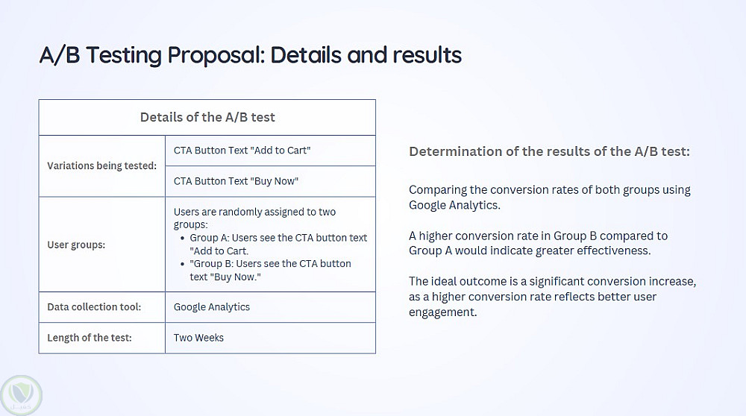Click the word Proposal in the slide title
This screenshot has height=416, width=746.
[x=216, y=55]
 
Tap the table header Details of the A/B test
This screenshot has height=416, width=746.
[x=207, y=117]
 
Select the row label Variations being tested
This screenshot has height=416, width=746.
[x=101, y=166]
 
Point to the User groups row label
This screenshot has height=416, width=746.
[x=76, y=245]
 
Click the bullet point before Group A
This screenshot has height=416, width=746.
[x=182, y=238]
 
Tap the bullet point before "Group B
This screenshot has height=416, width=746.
[x=182, y=265]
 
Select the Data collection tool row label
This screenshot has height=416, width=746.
[x=94, y=306]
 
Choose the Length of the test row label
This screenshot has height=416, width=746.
[x=90, y=338]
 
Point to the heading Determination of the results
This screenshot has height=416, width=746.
[x=550, y=151]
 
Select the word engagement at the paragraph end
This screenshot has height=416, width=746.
[x=443, y=312]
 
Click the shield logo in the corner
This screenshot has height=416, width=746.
[x=22, y=395]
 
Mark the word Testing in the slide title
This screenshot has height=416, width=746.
[x=124, y=56]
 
